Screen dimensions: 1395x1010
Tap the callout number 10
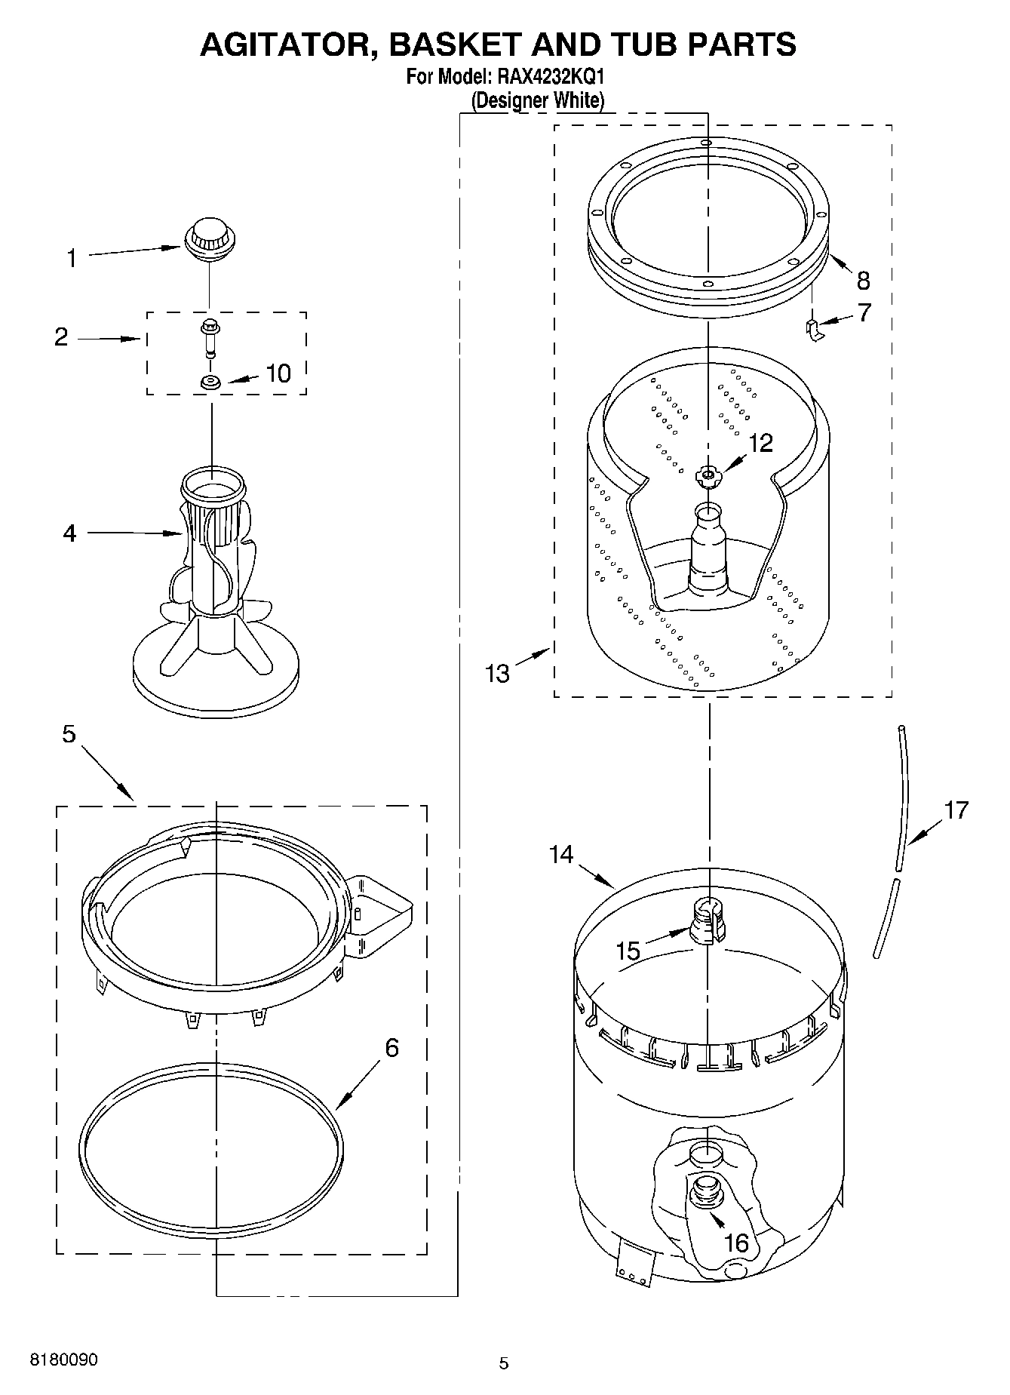[x=278, y=373]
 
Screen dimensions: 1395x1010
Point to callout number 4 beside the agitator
[x=69, y=533]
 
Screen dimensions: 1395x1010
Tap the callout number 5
[x=69, y=733]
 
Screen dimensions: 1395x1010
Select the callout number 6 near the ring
[x=391, y=1048]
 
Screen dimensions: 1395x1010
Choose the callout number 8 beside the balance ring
[x=864, y=281]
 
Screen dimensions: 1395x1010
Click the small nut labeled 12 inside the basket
[x=708, y=474]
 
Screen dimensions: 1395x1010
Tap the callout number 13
[x=497, y=673]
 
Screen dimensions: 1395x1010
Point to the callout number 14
[x=561, y=855]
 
